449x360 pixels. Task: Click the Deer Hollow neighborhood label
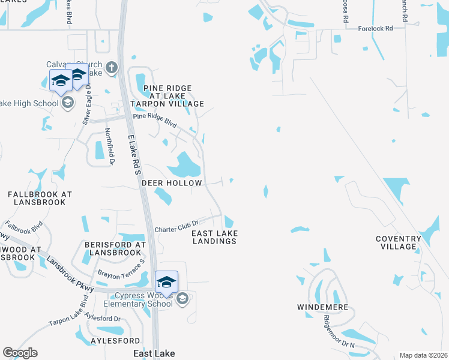point(172,182)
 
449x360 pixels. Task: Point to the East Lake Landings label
point(214,237)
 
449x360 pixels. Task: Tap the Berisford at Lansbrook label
point(115,249)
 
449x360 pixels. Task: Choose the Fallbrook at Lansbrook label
point(40,199)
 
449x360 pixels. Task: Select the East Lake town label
point(154,354)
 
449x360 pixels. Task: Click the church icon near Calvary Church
point(111,68)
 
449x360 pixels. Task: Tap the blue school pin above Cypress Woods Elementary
point(166,281)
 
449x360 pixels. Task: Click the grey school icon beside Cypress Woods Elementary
point(182,298)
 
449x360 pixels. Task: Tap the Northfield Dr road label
point(109,146)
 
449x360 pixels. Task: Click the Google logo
point(20,353)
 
